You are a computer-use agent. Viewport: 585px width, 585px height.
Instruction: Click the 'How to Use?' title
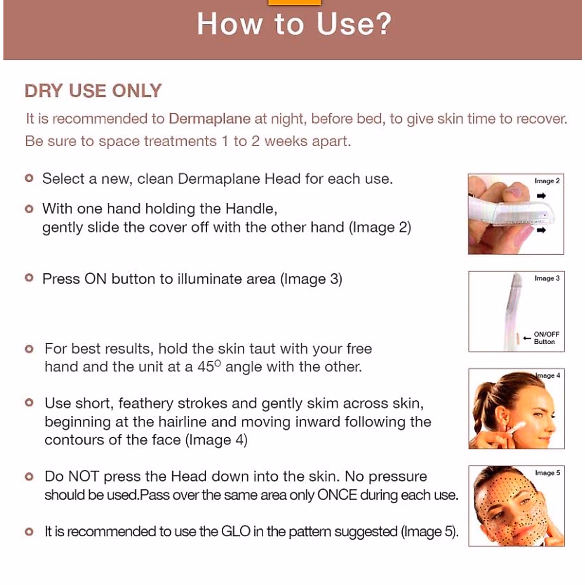(294, 24)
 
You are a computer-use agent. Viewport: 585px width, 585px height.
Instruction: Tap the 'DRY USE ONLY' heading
(93, 91)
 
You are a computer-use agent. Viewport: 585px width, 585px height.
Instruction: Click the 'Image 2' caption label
(547, 181)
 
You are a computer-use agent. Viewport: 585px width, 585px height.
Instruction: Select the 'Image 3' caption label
(547, 278)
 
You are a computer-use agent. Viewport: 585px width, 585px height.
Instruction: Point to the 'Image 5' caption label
(547, 473)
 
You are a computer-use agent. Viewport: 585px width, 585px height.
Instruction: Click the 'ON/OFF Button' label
(546, 338)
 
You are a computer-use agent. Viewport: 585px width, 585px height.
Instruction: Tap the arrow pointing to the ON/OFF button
(526, 338)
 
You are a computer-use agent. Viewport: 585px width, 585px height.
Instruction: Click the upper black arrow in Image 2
(541, 196)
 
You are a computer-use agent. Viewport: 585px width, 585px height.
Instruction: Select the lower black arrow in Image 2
(541, 230)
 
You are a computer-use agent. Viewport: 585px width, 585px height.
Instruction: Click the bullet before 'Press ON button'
(29, 278)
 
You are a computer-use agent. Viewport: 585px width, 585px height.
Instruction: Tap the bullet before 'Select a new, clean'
(29, 178)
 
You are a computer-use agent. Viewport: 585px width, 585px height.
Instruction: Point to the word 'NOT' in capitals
(84, 476)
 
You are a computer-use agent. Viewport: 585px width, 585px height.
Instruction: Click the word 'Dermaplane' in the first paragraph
(210, 119)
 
